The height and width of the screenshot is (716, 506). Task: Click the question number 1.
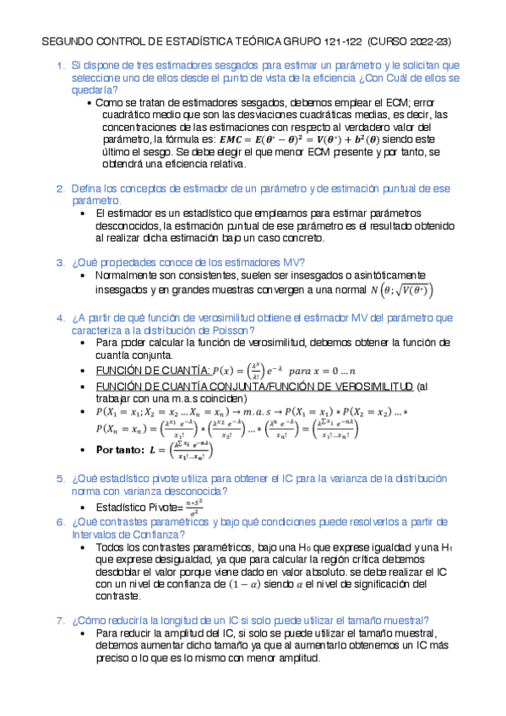[x=60, y=65]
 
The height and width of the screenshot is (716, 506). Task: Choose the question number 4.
[x=60, y=317]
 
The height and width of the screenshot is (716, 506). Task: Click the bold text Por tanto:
[x=120, y=449]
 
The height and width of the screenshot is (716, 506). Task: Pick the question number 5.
[x=60, y=478]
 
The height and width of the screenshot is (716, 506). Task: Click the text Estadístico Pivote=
[x=139, y=507]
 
